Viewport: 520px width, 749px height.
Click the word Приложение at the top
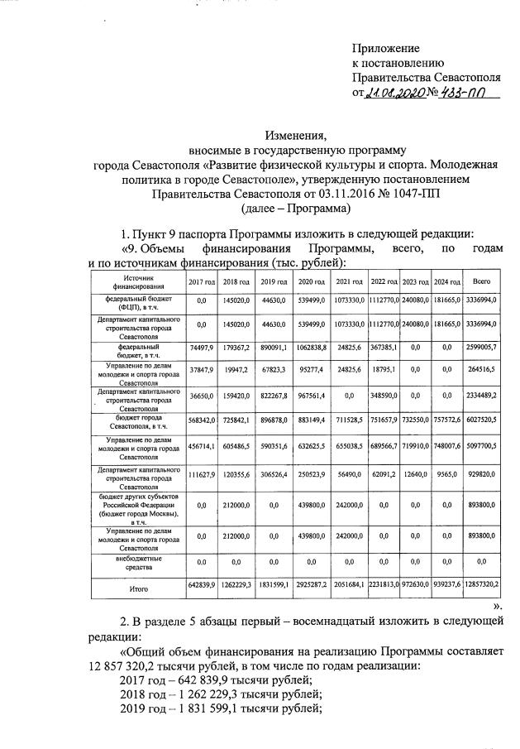[386, 49]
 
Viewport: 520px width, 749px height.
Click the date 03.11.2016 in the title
[318, 194]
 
